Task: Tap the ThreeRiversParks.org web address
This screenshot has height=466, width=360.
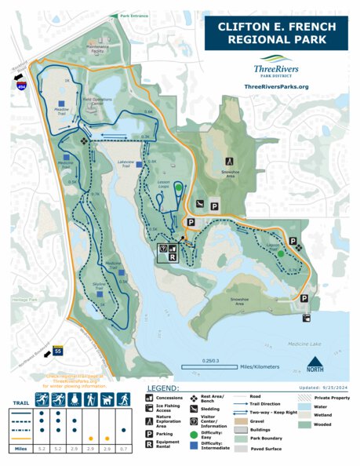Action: pyautogui.click(x=276, y=86)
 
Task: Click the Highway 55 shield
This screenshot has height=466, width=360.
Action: pyautogui.click(x=57, y=353)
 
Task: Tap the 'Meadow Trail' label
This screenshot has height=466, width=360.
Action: pyautogui.click(x=61, y=111)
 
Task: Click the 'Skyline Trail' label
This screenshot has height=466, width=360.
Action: pyautogui.click(x=99, y=289)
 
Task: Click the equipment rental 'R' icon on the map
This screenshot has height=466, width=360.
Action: pyautogui.click(x=172, y=257)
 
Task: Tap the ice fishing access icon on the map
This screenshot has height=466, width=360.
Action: pyautogui.click(x=305, y=319)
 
